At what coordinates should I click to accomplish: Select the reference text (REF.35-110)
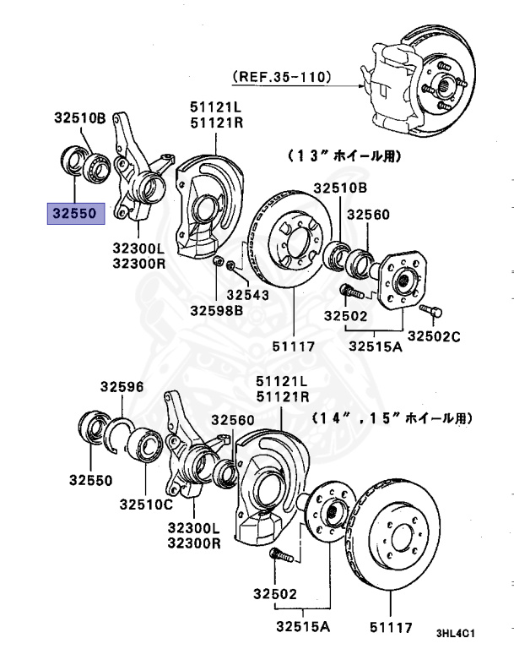click(282, 77)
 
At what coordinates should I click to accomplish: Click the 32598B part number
click(216, 310)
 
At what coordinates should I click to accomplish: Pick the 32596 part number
click(122, 387)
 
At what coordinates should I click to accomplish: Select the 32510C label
click(145, 504)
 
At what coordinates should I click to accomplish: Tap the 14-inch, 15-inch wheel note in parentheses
click(392, 417)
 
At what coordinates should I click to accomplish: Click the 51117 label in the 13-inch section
click(293, 345)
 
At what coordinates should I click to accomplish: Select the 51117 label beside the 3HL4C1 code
click(391, 627)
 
